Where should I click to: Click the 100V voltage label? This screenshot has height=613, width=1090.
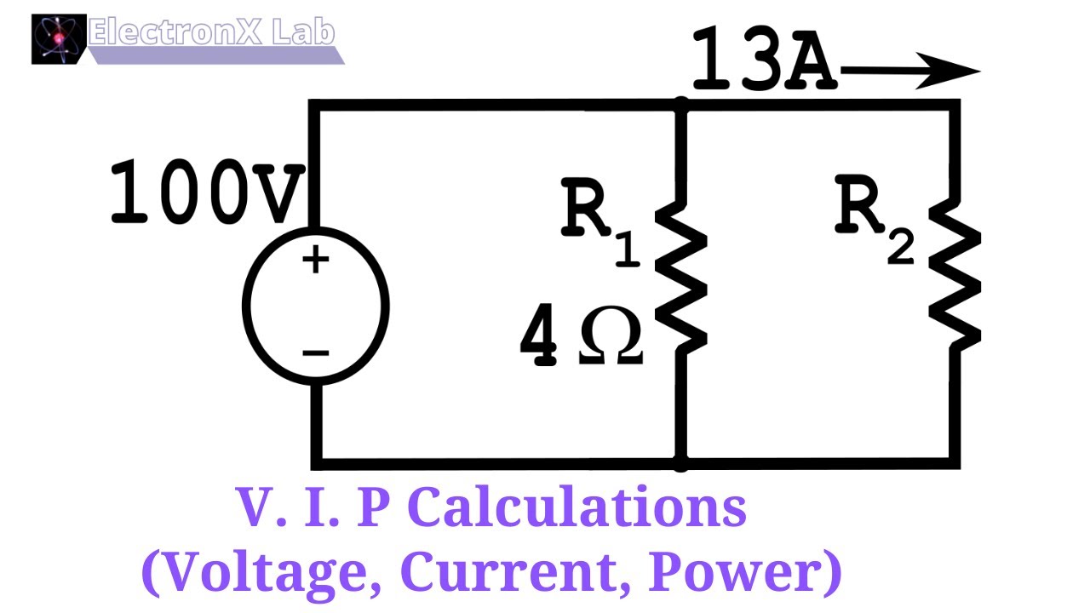(206, 194)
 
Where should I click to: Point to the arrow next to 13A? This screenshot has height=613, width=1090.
(909, 72)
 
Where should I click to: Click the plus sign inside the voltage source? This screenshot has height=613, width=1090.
(315, 260)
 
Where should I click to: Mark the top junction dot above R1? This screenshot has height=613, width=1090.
(681, 105)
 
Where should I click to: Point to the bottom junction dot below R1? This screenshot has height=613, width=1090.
(681, 464)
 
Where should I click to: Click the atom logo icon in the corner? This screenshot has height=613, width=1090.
(59, 39)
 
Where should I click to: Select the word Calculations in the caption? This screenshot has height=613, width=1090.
(578, 508)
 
